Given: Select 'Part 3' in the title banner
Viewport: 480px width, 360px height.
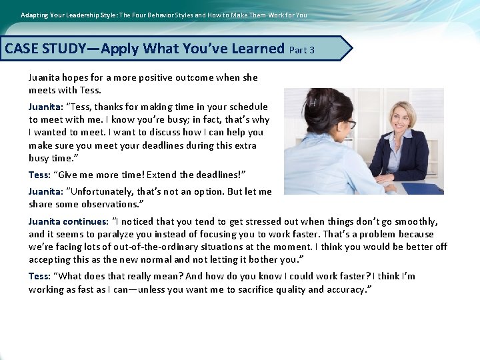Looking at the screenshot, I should point(303,49).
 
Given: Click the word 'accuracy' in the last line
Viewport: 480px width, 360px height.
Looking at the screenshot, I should point(346,289).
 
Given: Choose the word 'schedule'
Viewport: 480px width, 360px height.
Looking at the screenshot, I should point(247,107).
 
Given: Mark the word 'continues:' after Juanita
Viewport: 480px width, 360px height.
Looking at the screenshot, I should point(85,221).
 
